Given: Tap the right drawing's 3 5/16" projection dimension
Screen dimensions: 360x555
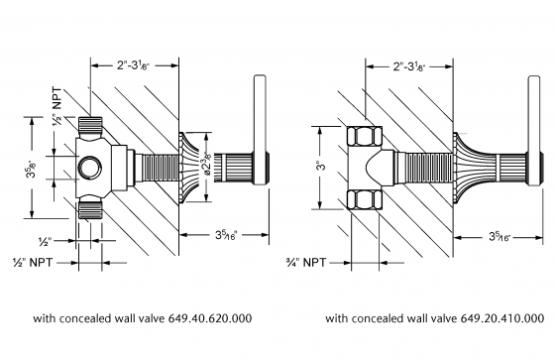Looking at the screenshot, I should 500,236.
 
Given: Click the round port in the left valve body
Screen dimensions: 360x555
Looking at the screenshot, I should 92,165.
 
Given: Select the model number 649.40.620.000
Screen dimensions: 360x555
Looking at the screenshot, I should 213,318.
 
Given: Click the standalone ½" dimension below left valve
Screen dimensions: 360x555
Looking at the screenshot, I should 72,240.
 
